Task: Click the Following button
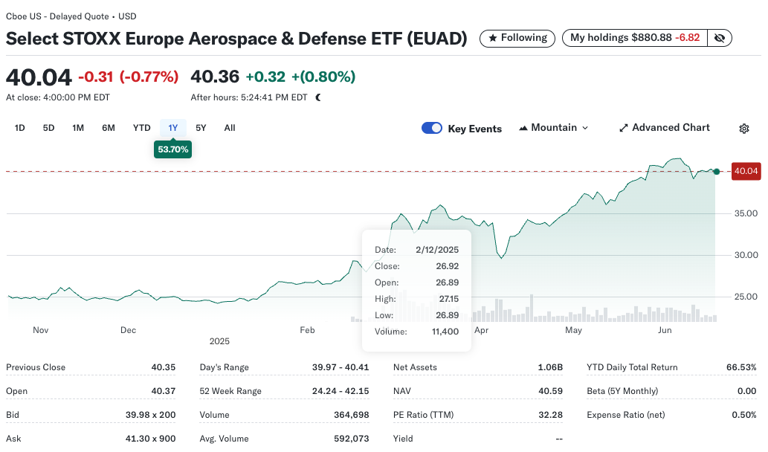point(517,38)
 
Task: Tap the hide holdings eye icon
point(719,38)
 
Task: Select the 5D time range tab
point(48,128)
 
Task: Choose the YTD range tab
point(141,128)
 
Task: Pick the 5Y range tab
point(201,128)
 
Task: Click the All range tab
point(230,128)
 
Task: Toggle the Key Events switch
point(432,128)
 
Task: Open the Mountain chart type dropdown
point(554,128)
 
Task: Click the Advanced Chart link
point(664,128)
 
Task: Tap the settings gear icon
point(744,129)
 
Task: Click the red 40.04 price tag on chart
point(746,172)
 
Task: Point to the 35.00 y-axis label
point(746,213)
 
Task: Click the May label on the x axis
point(573,330)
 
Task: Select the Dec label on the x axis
point(128,330)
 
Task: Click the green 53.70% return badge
point(173,149)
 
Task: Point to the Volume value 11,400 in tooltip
point(444,332)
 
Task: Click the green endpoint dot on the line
point(716,172)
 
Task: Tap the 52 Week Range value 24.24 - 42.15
point(341,391)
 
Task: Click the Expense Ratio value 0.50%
point(744,415)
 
